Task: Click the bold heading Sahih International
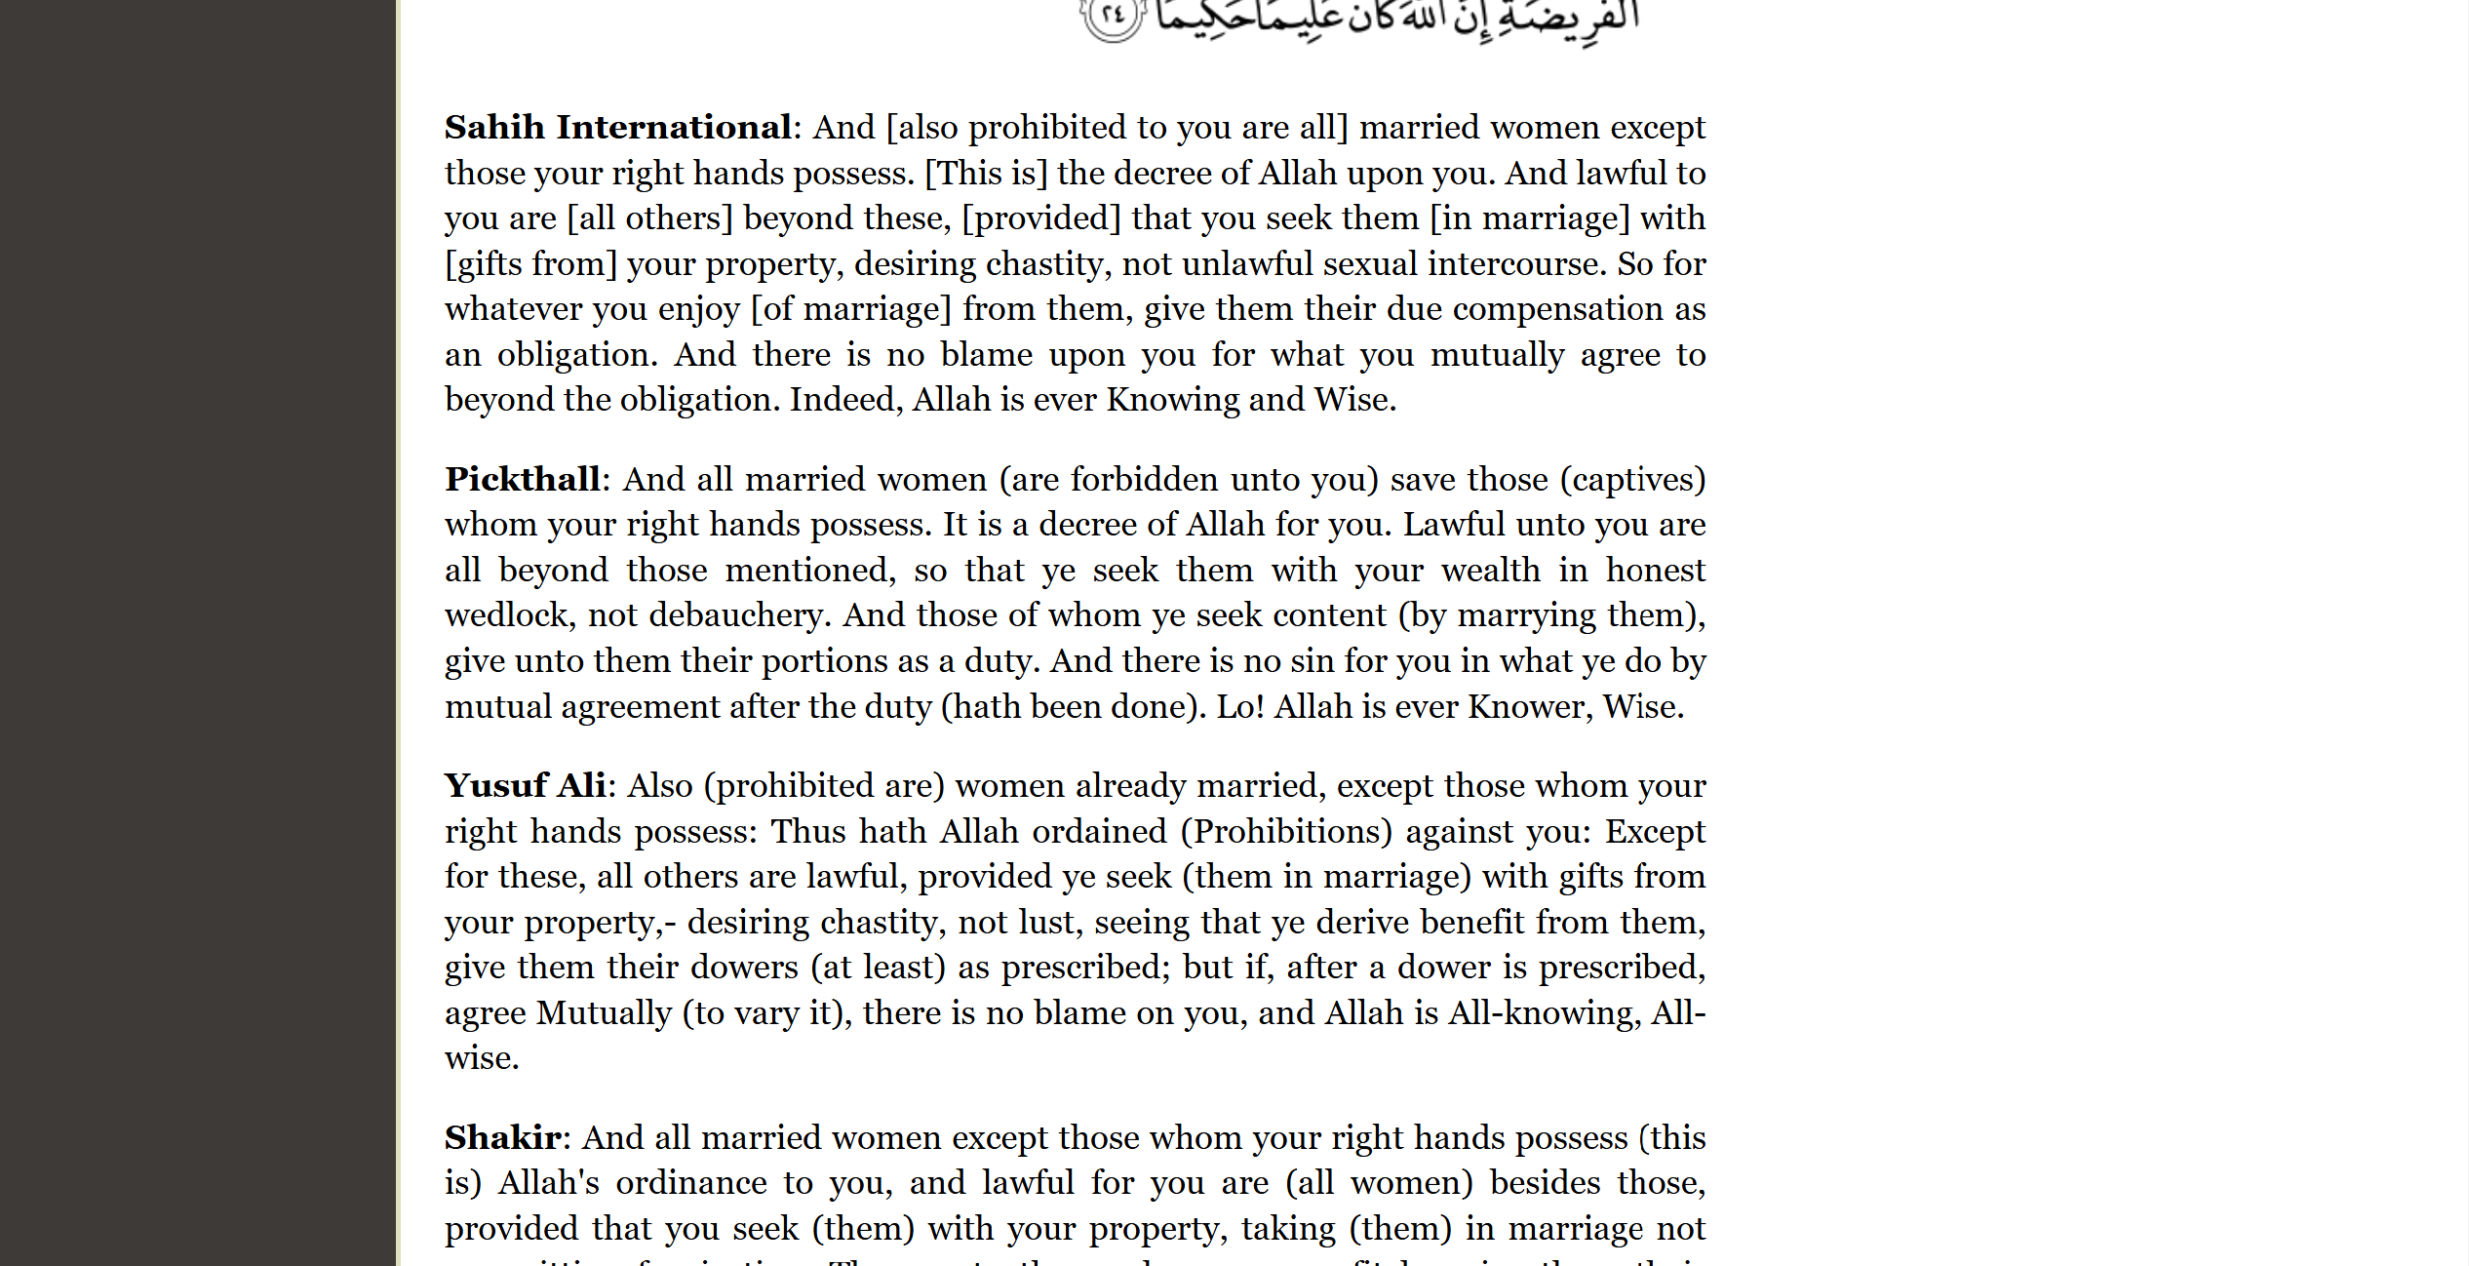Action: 617,128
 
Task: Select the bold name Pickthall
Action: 523,480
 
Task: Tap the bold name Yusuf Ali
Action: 526,786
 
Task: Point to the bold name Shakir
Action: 503,1138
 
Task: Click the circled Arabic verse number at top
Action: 1113,17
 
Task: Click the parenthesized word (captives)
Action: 1632,480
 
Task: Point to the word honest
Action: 1656,571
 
